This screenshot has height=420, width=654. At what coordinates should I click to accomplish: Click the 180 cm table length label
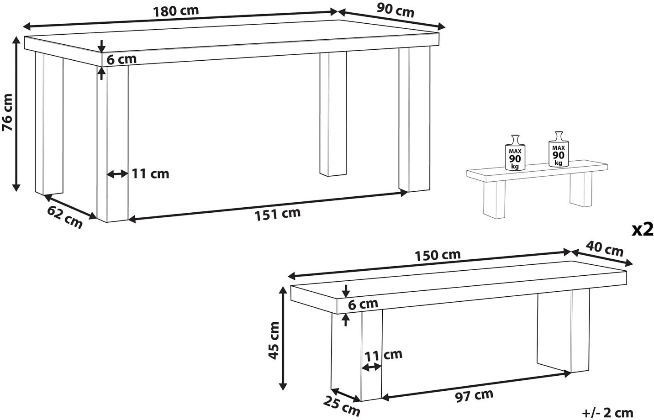tap(176, 11)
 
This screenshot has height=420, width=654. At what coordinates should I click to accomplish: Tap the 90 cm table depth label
tap(396, 11)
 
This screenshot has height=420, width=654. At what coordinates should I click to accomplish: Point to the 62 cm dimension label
tap(65, 217)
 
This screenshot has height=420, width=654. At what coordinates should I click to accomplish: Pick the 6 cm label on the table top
tap(121, 59)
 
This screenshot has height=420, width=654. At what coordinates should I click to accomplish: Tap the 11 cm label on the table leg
tap(150, 173)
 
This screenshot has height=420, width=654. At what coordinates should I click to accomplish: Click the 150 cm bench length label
tap(438, 255)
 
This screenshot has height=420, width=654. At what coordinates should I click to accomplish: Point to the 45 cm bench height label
tap(274, 340)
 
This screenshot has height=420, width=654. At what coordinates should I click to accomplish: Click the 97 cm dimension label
tap(474, 395)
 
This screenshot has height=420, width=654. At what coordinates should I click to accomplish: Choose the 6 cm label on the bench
tap(363, 304)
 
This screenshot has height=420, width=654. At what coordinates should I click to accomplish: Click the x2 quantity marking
tap(642, 230)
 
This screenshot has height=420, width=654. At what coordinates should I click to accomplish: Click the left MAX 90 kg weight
tap(515, 152)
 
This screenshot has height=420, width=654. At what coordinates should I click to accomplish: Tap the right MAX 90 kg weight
tap(559, 149)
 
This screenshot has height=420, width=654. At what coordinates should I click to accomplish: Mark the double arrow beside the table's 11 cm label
tap(117, 174)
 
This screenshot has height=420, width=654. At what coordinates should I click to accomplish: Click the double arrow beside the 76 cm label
tap(16, 114)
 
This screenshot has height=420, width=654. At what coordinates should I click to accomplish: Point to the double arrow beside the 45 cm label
tap(282, 338)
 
